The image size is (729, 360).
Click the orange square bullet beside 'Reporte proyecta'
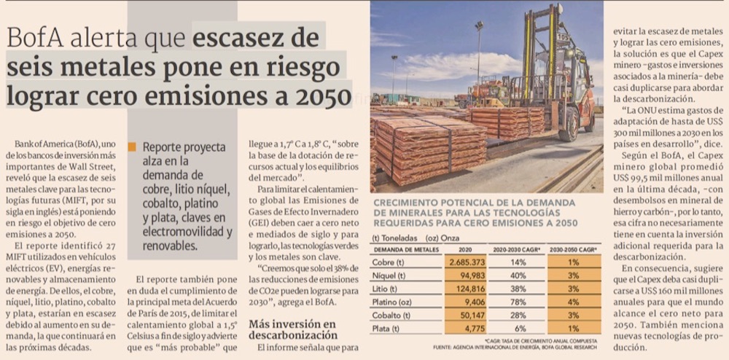coord(132,147)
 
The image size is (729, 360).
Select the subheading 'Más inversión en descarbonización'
coord(294,329)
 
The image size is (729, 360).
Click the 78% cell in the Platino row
coord(518,302)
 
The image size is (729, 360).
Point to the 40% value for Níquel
coord(518,275)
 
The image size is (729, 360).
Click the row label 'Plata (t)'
coord(387,329)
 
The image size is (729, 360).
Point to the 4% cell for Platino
coord(574,302)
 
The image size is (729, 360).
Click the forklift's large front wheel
coord(567,125)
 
